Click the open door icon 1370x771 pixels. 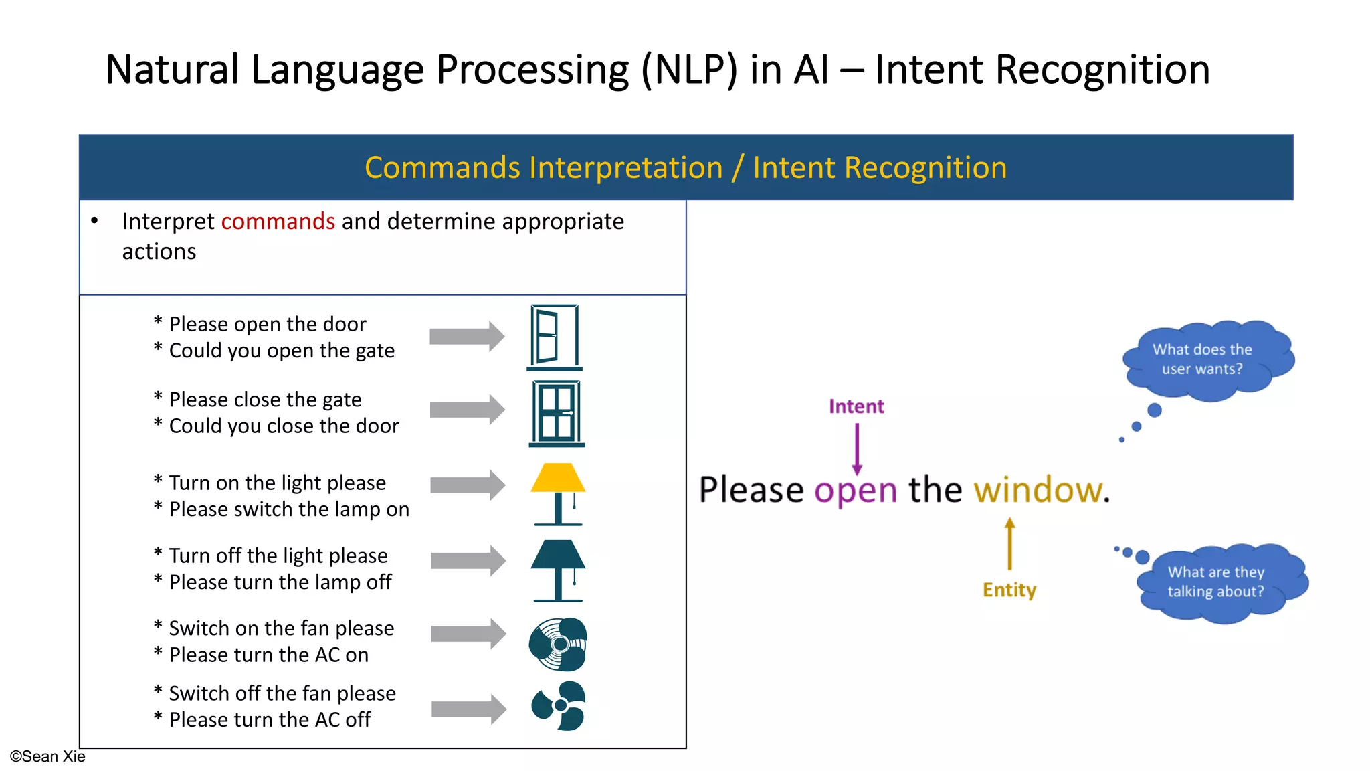click(x=554, y=337)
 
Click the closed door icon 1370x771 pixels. click(x=557, y=413)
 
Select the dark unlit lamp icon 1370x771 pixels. click(x=558, y=570)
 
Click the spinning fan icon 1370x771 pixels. click(x=558, y=644)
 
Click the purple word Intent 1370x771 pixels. click(x=856, y=406)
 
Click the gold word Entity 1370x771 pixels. click(x=1009, y=590)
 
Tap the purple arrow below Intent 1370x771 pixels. click(x=857, y=449)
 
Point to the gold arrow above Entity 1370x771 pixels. click(x=1009, y=543)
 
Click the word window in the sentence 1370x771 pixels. click(x=1038, y=490)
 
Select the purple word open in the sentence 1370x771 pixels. click(x=856, y=491)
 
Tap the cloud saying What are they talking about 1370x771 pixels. click(x=1219, y=582)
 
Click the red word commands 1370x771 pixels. click(x=278, y=221)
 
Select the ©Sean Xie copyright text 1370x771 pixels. click(x=47, y=756)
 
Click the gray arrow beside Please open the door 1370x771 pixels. click(x=466, y=336)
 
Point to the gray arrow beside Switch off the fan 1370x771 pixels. click(x=468, y=709)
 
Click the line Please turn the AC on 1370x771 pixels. click(x=268, y=655)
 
